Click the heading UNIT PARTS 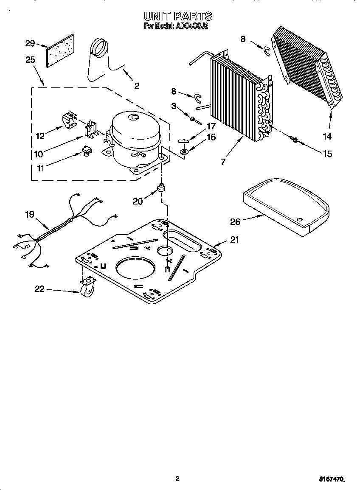(177, 16)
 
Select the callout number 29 (30, 43)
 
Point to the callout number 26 (235, 221)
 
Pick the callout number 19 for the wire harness (29, 214)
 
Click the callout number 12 (40, 136)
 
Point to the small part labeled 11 (87, 151)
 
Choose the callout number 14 (327, 137)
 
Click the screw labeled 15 (293, 139)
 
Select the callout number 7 (223, 162)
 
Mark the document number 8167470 (331, 479)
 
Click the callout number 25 (30, 60)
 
